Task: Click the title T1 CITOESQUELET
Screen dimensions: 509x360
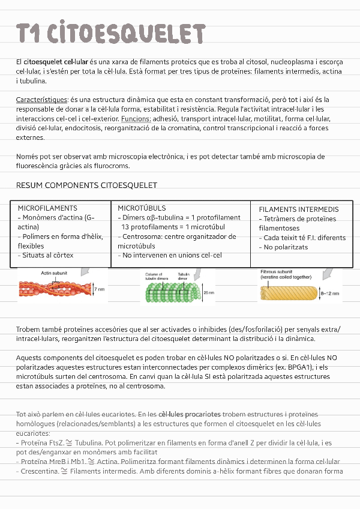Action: (x=111, y=34)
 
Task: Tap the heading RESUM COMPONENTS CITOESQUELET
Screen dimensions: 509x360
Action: (x=86, y=185)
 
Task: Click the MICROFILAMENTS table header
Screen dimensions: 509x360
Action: (x=47, y=208)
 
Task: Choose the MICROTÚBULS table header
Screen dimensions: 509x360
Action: (x=142, y=208)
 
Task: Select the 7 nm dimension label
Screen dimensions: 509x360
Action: (x=99, y=289)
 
